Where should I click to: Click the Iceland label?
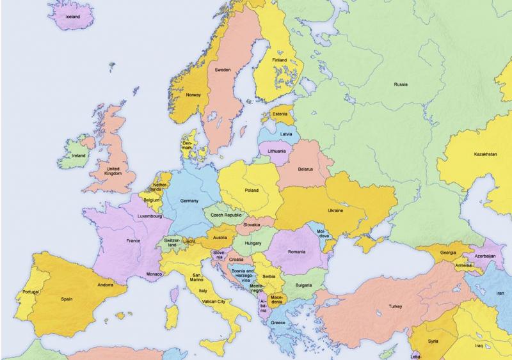73,17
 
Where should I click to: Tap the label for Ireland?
79,155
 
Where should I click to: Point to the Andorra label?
106,285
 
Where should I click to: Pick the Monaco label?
154,274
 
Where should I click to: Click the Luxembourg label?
150,216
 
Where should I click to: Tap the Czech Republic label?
226,215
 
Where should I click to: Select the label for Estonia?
280,114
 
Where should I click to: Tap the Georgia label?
447,253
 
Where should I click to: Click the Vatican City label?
212,301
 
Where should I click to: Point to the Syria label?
433,341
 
